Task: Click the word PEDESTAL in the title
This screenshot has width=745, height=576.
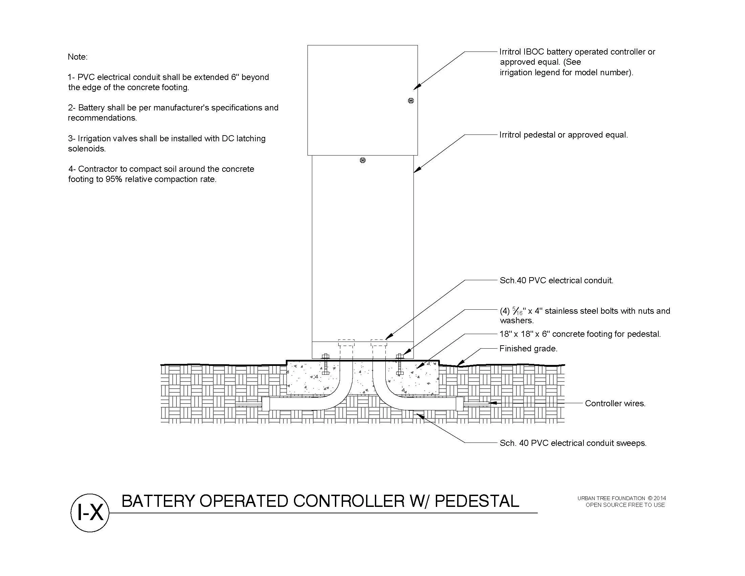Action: [x=477, y=501]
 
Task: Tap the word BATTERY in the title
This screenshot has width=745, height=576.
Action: [x=158, y=501]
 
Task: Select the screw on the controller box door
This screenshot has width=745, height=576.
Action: [x=411, y=101]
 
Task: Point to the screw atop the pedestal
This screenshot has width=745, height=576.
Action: [x=363, y=160]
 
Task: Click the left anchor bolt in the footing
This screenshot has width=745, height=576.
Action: [x=325, y=364]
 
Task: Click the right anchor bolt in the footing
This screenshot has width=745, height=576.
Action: [x=400, y=364]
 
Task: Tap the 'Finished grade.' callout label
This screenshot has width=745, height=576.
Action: [x=528, y=348]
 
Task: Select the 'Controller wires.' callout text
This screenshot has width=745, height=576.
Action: [x=615, y=403]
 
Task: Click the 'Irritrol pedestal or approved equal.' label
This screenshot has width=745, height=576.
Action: [x=563, y=135]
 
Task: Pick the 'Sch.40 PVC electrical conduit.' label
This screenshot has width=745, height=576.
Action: [x=556, y=281]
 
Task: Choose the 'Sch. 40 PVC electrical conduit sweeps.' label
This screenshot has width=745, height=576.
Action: [x=573, y=443]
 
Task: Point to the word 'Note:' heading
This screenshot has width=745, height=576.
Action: [x=78, y=57]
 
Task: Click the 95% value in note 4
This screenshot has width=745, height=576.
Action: [x=114, y=180]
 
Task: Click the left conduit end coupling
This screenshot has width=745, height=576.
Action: [x=266, y=404]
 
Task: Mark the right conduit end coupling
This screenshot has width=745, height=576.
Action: [x=460, y=404]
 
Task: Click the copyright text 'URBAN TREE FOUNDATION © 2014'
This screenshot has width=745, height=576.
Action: [x=621, y=498]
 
